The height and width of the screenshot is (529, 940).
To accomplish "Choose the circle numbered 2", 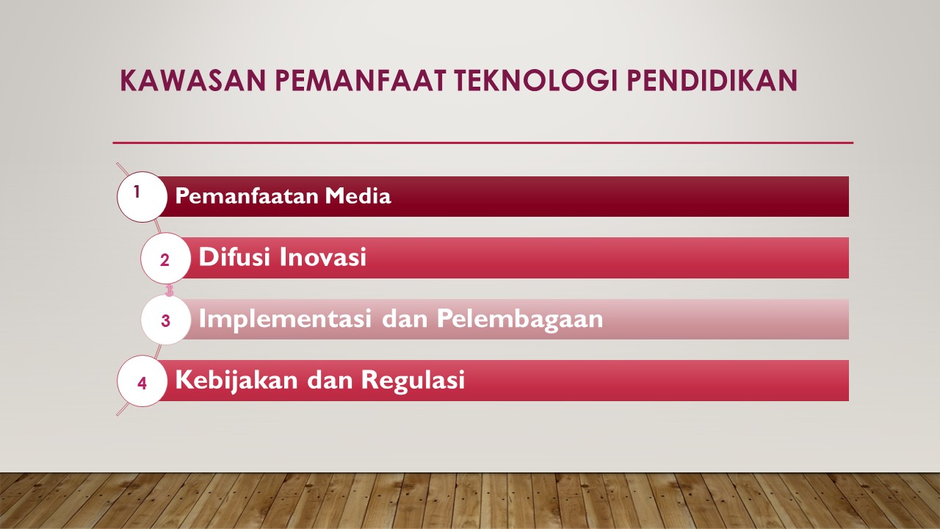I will coord(165,259).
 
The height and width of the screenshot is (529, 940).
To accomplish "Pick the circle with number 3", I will coord(165,320).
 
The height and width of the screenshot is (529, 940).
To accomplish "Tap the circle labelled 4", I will coord(142,381).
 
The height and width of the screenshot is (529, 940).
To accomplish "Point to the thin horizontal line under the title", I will coord(482,143).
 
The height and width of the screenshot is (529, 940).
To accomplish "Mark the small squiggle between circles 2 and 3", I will coord(170,289).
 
